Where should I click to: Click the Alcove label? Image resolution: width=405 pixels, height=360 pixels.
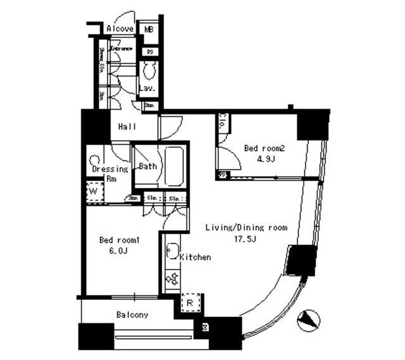(x=120, y=29)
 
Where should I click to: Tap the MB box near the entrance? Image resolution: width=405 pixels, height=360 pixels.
(x=149, y=29)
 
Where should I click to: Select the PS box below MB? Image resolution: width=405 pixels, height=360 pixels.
(x=150, y=51)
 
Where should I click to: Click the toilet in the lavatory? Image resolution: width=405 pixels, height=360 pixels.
(x=150, y=69)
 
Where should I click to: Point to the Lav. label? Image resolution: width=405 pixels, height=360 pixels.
(x=147, y=89)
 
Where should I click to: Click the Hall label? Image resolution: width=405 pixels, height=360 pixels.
(x=127, y=127)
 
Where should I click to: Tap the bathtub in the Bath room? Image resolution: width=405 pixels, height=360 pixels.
(x=173, y=166)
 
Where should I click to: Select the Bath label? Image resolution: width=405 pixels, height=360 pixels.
(x=147, y=167)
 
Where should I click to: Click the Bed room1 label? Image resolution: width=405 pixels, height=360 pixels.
(x=118, y=240)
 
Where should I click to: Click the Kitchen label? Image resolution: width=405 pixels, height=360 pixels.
(x=195, y=258)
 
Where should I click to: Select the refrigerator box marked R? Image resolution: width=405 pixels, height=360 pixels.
(x=189, y=304)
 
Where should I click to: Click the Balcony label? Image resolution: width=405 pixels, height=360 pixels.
(x=132, y=314)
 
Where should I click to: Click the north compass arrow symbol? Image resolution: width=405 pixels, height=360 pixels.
(x=309, y=320)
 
